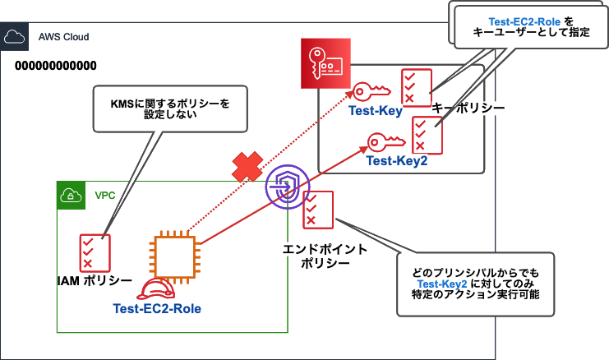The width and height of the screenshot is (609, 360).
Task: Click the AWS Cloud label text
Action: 63,37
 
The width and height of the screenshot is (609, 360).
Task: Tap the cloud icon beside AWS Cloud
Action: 14,37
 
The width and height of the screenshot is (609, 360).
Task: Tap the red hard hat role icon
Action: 157,288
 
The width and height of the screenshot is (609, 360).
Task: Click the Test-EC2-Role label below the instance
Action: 157,308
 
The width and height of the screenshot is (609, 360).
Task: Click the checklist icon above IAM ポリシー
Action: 90,252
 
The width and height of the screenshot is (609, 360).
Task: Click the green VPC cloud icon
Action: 70,195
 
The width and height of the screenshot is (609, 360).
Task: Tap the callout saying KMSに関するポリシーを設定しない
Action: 171,109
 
